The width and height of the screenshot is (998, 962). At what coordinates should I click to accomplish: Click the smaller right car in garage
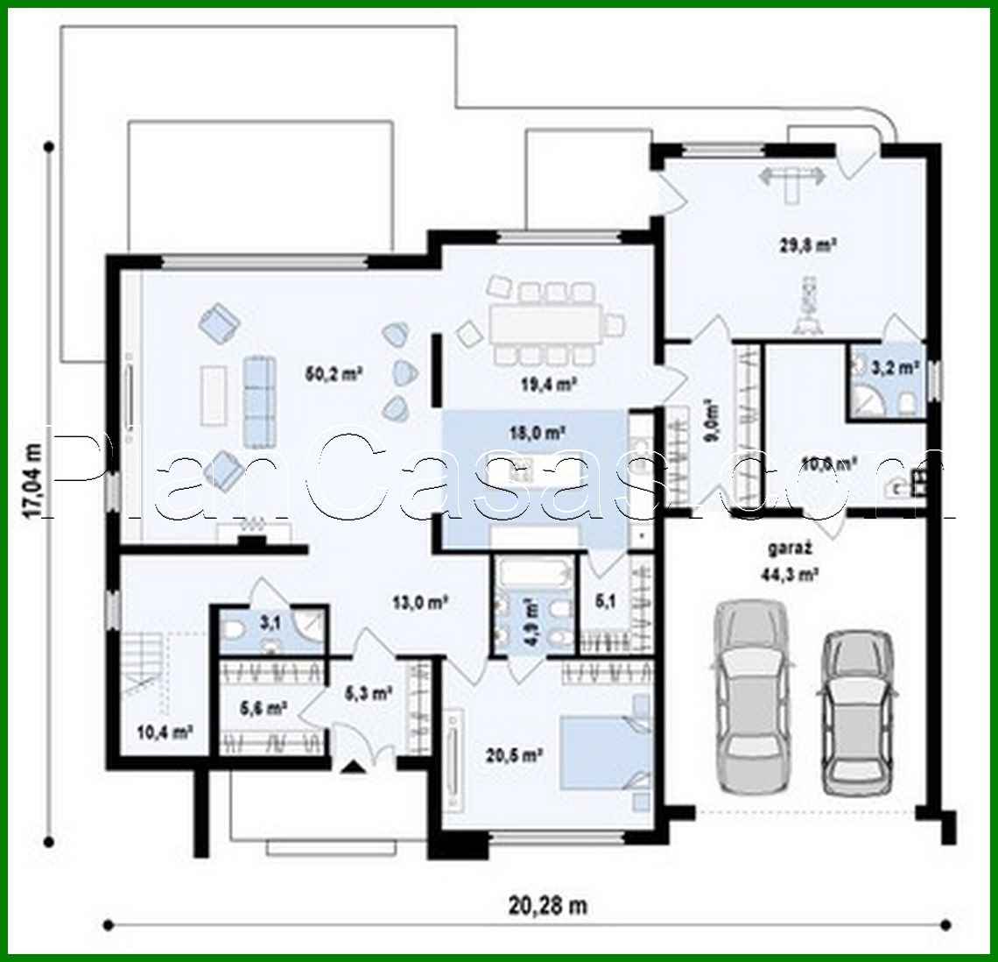[x=859, y=708]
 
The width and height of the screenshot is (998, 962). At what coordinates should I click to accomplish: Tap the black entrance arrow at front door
[x=353, y=767]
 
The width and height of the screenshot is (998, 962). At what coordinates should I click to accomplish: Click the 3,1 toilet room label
[x=270, y=624]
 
